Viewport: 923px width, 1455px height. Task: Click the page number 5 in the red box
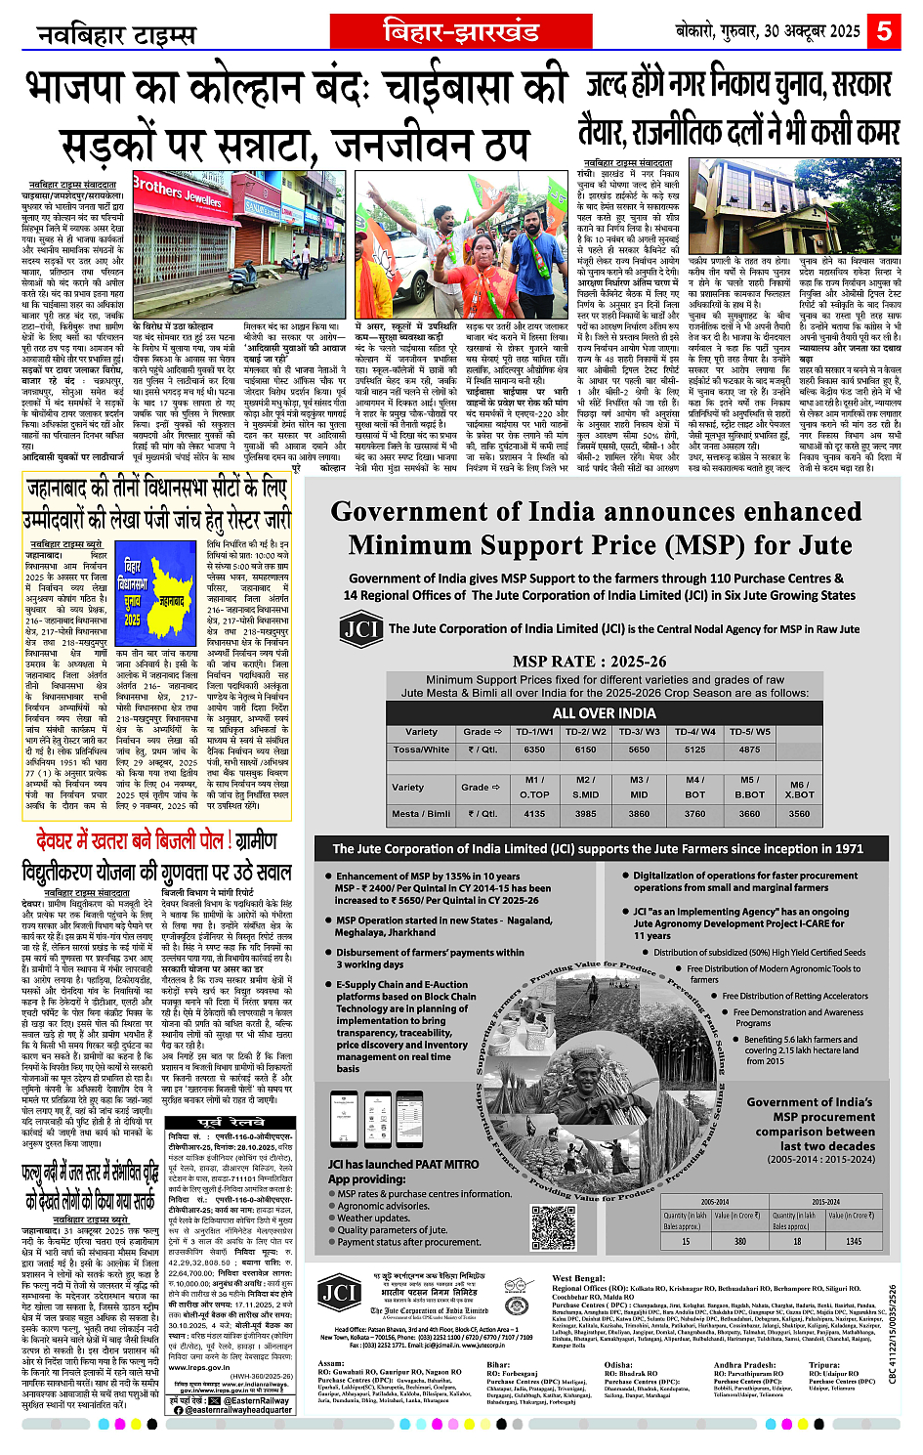click(884, 31)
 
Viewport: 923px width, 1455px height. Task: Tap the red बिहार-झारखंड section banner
click(461, 32)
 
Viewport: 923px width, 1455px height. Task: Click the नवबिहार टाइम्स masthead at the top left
click(116, 36)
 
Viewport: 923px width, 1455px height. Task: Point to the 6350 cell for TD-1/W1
click(534, 749)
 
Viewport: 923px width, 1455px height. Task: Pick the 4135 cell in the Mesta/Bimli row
click(534, 813)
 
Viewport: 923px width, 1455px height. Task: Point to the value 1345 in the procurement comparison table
click(853, 1241)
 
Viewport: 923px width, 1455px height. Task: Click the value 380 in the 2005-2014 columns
click(740, 1241)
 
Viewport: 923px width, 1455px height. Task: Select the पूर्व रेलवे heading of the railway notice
click(231, 1123)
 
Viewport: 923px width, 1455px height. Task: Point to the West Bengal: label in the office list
click(578, 1278)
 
